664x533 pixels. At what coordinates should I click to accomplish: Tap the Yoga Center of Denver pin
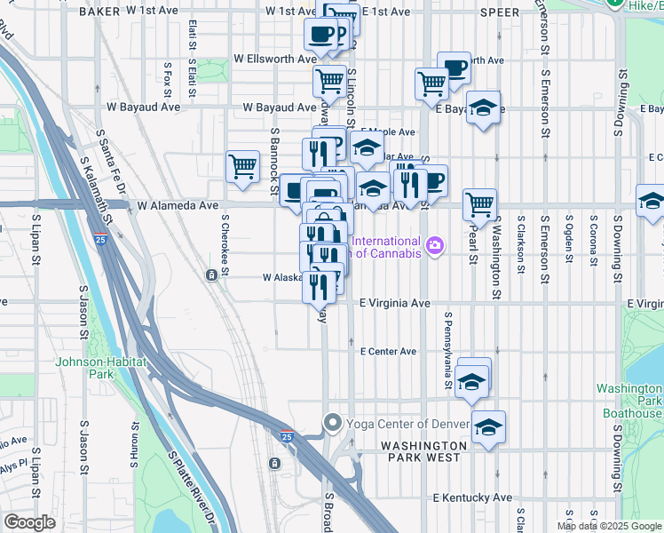[x=333, y=422]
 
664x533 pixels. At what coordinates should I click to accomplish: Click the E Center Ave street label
[x=388, y=352]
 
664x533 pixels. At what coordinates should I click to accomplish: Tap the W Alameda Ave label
[x=177, y=205]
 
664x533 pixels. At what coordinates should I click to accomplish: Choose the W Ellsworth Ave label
[x=275, y=59]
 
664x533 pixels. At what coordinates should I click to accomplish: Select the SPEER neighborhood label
[x=498, y=12]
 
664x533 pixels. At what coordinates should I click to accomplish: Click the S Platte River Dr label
[x=190, y=484]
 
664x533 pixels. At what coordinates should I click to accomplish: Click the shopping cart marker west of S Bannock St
[x=242, y=166]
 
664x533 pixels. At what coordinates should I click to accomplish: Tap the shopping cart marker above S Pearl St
[x=478, y=203]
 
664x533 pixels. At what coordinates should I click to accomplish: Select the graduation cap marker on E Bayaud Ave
[x=482, y=107]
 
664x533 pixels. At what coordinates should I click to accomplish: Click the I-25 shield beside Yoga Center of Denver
[x=286, y=437]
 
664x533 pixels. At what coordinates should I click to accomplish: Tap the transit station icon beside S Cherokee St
[x=212, y=275]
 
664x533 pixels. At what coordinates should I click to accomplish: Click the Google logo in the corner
[x=29, y=522]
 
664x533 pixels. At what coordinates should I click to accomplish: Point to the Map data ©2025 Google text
[x=608, y=526]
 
